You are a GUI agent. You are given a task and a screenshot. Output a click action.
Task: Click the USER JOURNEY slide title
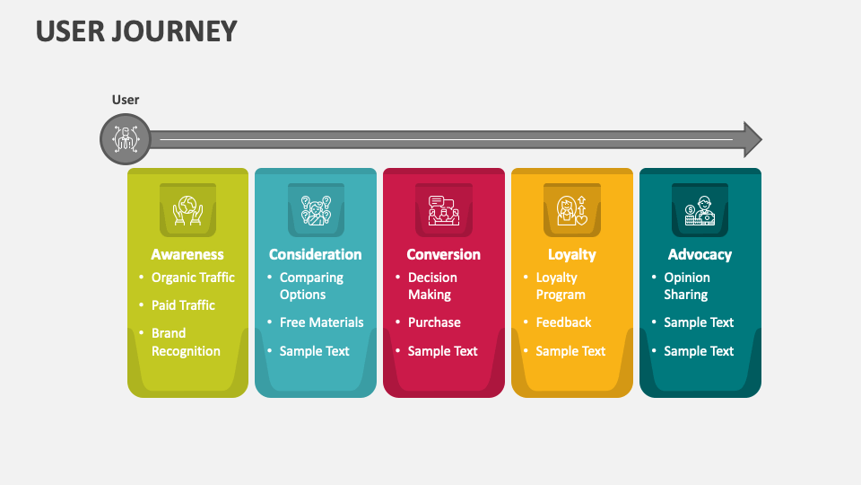point(136,31)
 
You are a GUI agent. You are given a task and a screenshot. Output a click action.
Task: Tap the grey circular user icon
point(125,139)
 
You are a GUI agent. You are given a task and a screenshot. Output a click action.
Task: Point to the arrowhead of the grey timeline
point(752,139)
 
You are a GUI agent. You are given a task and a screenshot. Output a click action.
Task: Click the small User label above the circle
point(126,100)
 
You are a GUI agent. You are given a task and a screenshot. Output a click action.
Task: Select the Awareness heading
point(187,254)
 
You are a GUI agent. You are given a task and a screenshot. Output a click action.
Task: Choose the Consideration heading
point(316,254)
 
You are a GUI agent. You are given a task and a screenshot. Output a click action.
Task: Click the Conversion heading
point(444,254)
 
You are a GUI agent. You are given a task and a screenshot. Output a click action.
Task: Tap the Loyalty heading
point(572,254)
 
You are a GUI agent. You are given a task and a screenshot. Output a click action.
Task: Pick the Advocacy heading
point(700,254)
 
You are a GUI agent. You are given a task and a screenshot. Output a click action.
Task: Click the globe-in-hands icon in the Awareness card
point(187,209)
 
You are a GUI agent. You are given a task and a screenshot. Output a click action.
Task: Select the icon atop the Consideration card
point(316,209)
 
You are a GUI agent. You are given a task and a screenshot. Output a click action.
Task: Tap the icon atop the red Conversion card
point(444,209)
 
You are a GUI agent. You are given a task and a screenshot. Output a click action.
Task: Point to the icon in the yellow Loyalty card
point(572,209)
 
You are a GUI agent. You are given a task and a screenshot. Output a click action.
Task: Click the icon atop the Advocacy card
point(700,209)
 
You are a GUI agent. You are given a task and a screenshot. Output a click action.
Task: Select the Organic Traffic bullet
point(193,278)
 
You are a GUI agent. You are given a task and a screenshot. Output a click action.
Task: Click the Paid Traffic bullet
point(183,305)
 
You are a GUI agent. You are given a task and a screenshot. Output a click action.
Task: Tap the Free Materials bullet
point(321,322)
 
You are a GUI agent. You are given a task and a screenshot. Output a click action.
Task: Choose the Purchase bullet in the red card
point(434,322)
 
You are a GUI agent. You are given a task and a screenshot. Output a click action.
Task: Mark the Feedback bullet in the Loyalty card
point(563,322)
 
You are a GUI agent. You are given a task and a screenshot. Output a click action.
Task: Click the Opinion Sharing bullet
point(687,286)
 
